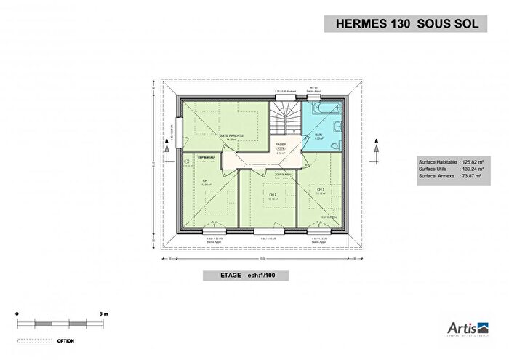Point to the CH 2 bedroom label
pyautogui.click(x=273, y=195)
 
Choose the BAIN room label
pyautogui.click(x=318, y=135)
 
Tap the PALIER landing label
pyautogui.click(x=281, y=145)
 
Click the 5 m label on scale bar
pyautogui.click(x=104, y=313)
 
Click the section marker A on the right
pyautogui.click(x=376, y=140)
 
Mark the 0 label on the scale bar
pyautogui.click(x=17, y=313)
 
